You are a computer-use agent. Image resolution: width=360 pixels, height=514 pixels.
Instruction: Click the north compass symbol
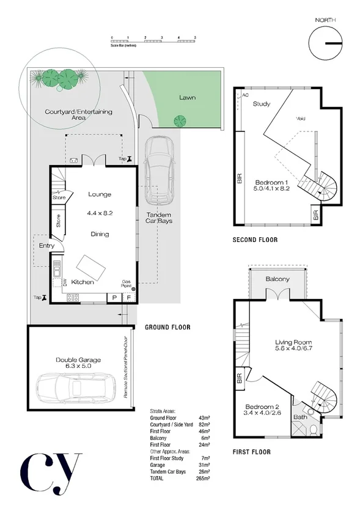(x=325, y=43)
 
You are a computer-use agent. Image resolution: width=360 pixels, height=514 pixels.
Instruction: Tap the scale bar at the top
(x=153, y=41)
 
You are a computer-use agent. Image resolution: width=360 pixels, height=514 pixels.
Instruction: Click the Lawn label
(x=188, y=97)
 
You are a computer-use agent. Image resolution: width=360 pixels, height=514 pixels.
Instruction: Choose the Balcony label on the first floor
(x=277, y=279)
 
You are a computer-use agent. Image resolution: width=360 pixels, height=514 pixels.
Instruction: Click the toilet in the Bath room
(x=313, y=431)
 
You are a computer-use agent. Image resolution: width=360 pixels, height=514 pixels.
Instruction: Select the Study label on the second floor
(x=262, y=104)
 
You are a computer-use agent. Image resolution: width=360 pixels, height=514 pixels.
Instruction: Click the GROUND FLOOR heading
(x=167, y=328)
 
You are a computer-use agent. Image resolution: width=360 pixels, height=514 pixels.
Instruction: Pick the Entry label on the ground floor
(x=46, y=246)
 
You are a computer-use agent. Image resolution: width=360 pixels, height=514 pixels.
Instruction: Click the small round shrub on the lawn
(x=179, y=120)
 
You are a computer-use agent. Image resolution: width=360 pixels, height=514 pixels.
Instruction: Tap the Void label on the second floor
(x=300, y=119)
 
